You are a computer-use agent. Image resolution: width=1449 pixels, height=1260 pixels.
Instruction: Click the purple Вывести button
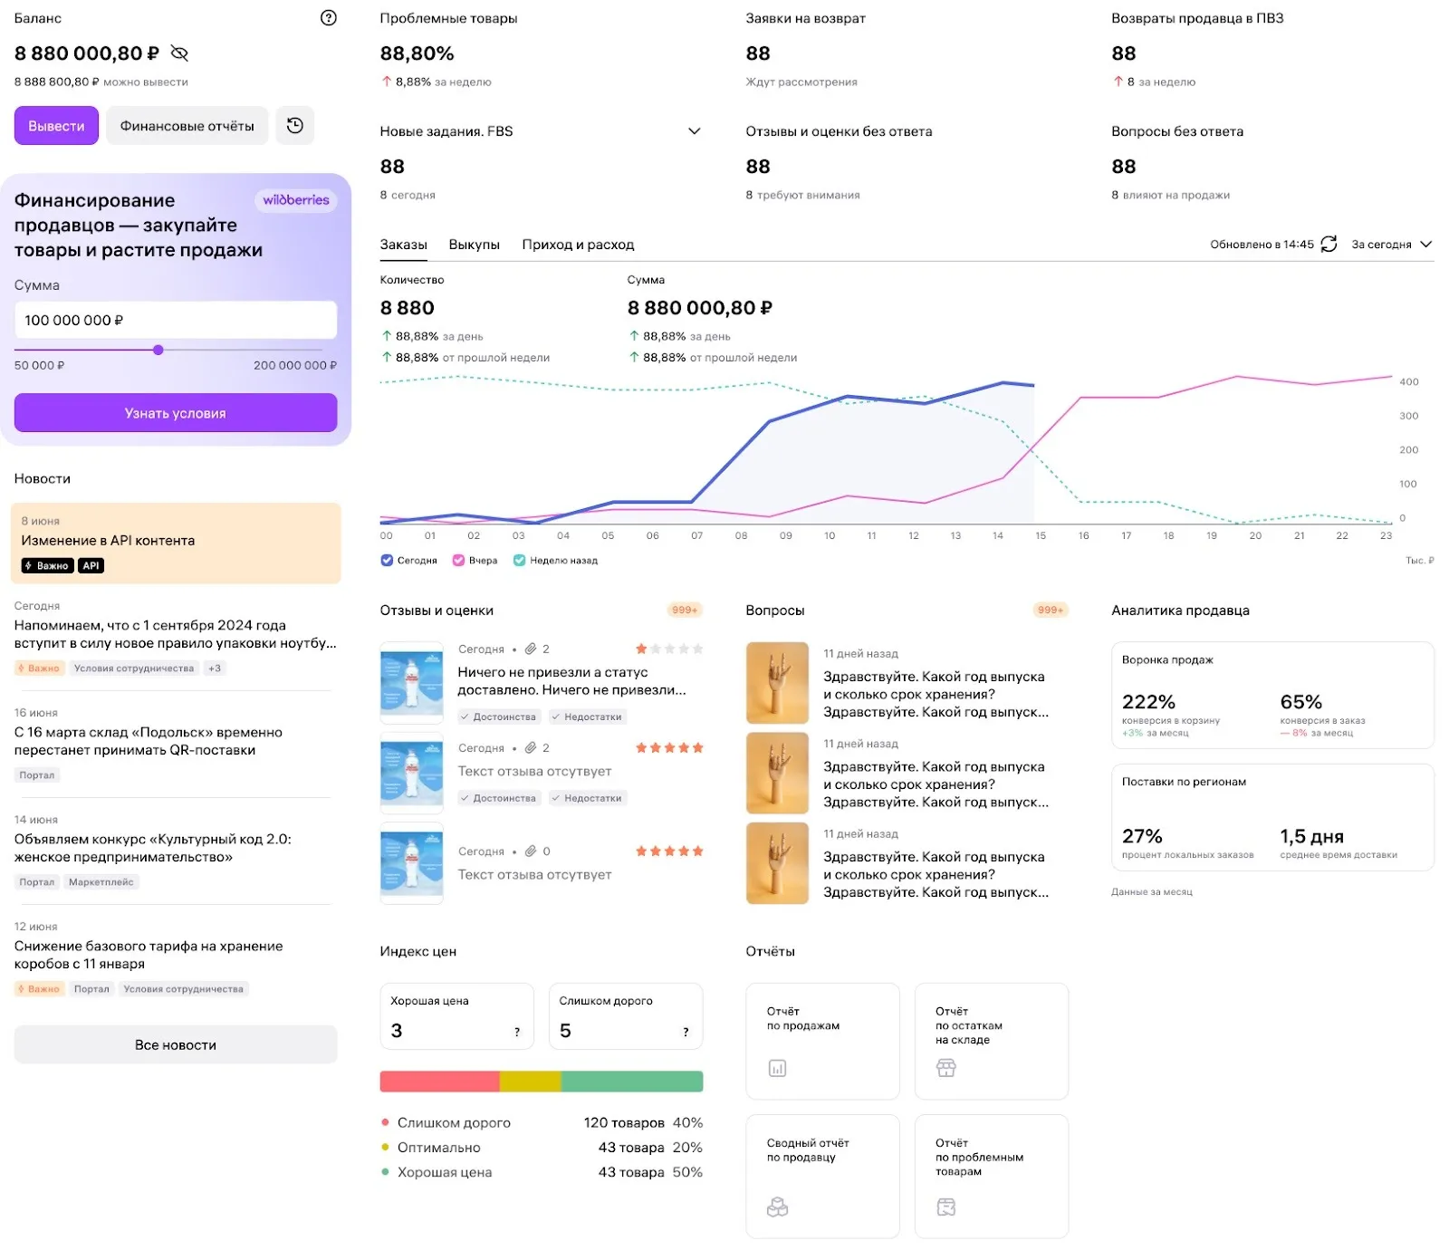click(56, 126)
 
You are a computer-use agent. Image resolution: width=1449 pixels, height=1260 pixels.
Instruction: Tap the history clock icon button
click(295, 126)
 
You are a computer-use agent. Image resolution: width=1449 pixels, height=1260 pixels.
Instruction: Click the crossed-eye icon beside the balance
click(179, 53)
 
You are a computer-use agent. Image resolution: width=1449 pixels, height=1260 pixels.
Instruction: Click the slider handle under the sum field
click(158, 350)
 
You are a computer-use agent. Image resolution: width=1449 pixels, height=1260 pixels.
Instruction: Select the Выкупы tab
click(474, 245)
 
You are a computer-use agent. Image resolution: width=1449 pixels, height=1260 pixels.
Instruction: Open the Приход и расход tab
click(578, 245)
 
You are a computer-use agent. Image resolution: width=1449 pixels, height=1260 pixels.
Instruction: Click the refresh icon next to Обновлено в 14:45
click(1329, 244)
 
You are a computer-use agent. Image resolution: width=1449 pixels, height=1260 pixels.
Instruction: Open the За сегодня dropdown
click(1391, 245)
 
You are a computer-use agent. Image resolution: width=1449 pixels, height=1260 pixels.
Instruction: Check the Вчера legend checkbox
click(458, 561)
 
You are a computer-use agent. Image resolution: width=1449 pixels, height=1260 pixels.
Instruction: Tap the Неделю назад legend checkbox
click(519, 561)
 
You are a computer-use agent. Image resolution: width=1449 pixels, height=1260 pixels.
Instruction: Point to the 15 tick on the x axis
click(1041, 536)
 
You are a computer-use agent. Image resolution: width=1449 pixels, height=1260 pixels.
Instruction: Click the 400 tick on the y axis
click(1408, 382)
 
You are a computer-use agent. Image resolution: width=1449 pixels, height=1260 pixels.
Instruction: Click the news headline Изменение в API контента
click(108, 541)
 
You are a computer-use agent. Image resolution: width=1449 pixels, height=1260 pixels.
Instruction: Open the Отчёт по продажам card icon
click(777, 1069)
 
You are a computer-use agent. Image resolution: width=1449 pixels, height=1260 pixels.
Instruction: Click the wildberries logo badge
click(296, 200)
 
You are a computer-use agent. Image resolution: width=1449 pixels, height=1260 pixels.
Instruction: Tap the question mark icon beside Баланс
click(329, 18)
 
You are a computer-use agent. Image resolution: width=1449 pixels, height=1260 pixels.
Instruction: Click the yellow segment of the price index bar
click(530, 1082)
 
